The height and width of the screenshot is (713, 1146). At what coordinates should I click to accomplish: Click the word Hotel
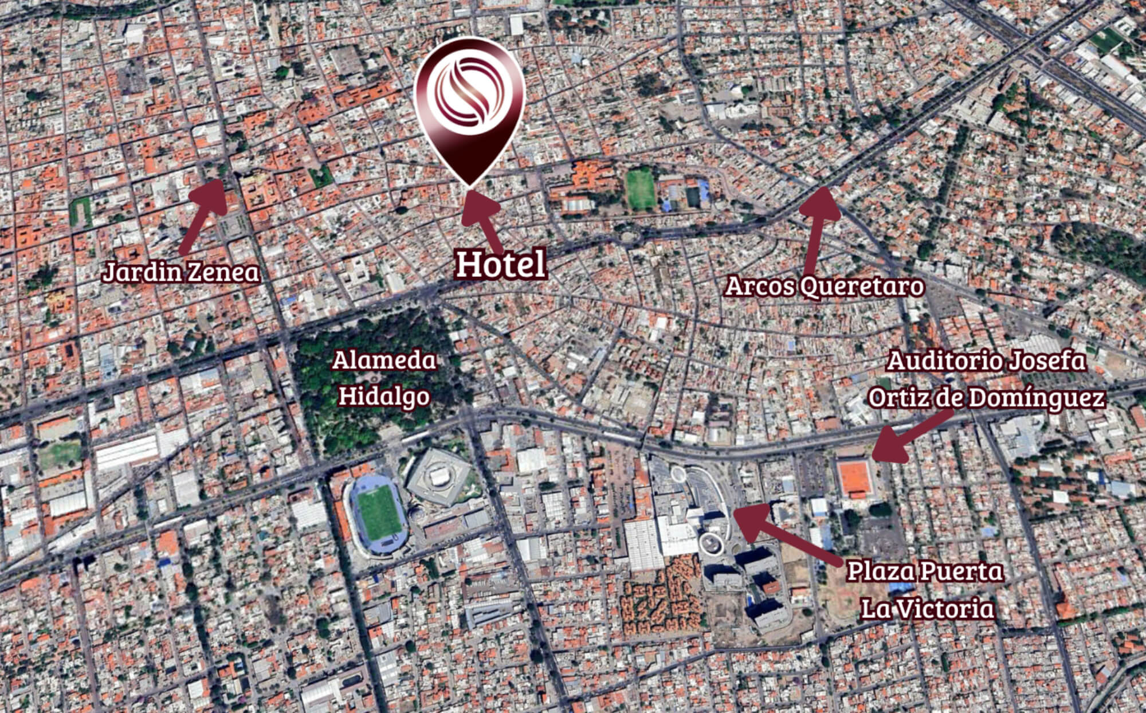(500, 264)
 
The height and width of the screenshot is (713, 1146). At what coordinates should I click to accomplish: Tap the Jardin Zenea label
(181, 272)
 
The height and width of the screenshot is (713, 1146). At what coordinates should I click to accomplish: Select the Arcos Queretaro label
(824, 286)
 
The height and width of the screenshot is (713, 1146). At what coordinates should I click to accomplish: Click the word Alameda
(384, 361)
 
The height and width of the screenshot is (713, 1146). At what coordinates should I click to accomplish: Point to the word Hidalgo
(384, 396)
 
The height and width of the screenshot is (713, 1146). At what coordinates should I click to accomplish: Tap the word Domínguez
(1037, 397)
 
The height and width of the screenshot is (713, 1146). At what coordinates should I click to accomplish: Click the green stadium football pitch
(376, 515)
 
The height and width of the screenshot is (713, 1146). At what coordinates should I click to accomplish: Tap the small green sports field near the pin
(641, 190)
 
